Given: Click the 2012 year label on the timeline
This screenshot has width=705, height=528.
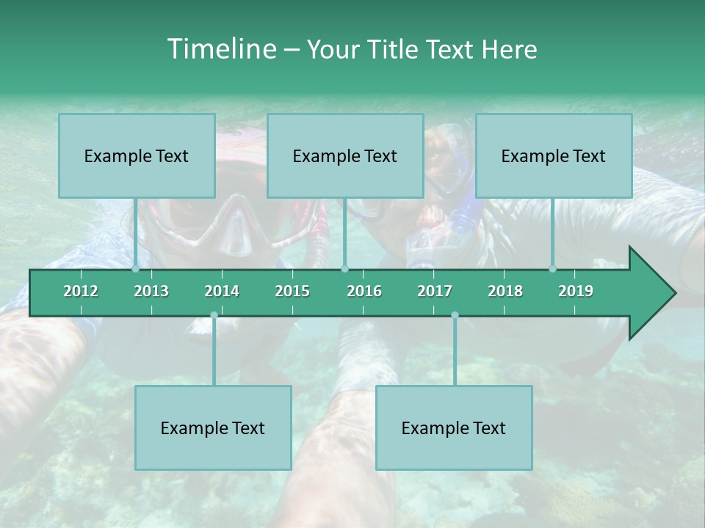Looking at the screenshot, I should [81, 291].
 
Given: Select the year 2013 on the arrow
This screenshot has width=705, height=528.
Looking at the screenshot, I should [151, 291].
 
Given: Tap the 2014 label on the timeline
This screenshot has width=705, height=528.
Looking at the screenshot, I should [222, 291].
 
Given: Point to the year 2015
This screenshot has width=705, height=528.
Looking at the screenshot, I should [292, 291].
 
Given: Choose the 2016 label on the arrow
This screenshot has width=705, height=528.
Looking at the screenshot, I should [364, 291].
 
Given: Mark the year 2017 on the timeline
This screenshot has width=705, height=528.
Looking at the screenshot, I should [435, 291].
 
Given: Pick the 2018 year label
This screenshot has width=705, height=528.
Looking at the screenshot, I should [505, 291].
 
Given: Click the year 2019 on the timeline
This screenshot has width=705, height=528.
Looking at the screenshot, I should [576, 291].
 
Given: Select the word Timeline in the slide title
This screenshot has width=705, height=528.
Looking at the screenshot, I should [220, 49].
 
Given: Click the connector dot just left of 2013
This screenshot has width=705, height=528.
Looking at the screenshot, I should [135, 269].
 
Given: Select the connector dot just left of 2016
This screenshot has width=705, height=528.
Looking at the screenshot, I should [345, 269].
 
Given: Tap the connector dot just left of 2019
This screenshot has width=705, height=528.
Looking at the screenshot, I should [553, 269].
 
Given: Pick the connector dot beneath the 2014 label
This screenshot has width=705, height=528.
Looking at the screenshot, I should [214, 315].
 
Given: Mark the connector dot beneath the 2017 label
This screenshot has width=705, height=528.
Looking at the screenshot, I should [455, 315].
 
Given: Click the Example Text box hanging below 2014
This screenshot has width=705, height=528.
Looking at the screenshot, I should [213, 428].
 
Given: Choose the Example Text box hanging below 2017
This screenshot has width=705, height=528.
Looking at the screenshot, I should [454, 428].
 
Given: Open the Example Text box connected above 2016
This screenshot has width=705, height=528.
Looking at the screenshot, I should [345, 155].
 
